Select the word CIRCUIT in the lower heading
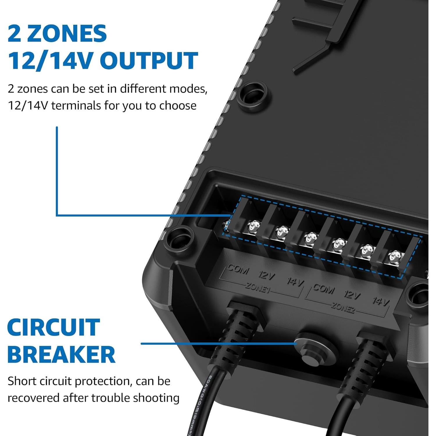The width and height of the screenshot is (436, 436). click(x=53, y=328)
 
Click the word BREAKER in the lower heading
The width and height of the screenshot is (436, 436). click(x=61, y=355)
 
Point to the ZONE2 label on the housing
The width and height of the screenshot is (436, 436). click(x=343, y=307)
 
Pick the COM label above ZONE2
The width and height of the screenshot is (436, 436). click(x=324, y=289)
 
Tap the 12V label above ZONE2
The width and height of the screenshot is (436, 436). click(x=352, y=295)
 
